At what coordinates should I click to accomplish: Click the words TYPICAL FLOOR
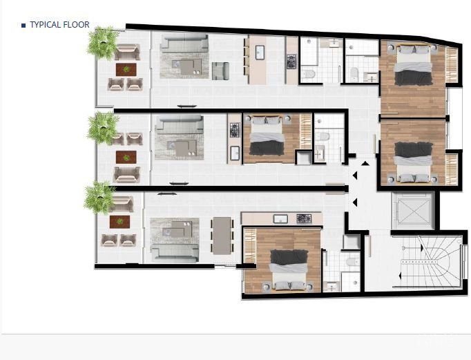pyautogui.click(x=59, y=25)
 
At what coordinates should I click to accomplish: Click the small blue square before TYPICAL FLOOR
pyautogui.click(x=23, y=26)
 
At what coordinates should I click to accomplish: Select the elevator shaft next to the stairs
pyautogui.click(x=412, y=210)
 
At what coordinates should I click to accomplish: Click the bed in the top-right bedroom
pyautogui.click(x=413, y=64)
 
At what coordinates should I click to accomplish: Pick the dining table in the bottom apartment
pyautogui.click(x=222, y=235)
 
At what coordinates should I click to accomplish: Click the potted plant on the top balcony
pyautogui.click(x=104, y=43)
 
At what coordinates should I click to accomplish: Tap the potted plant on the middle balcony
pyautogui.click(x=104, y=128)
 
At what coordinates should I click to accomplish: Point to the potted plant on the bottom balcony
pyautogui.click(x=99, y=198)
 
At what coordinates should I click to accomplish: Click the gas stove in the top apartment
pyautogui.click(x=291, y=61)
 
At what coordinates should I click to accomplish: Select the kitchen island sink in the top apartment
pyautogui.click(x=260, y=53)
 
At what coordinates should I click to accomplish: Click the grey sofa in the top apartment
pyautogui.click(x=184, y=44)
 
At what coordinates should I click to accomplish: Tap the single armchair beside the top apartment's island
pyautogui.click(x=220, y=70)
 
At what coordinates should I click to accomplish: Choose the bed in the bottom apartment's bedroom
pyautogui.click(x=289, y=268)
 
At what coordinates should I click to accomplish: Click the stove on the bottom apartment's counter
pyautogui.click(x=303, y=219)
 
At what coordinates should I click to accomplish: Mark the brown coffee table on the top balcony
pyautogui.click(x=126, y=69)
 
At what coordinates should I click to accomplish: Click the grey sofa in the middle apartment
pyautogui.click(x=179, y=124)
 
